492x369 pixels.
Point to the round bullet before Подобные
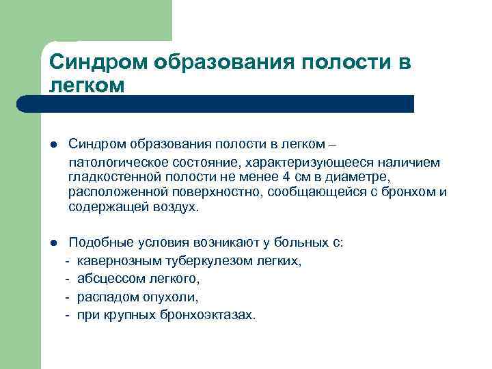tap(53, 243)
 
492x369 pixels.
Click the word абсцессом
tap(110, 279)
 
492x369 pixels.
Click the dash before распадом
tap(68, 297)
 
